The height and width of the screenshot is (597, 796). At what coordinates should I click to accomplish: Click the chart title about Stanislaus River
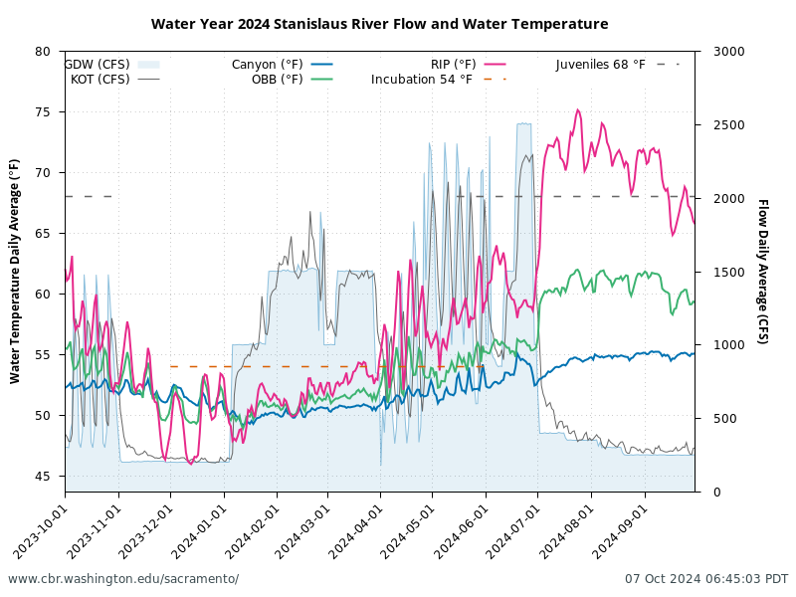pyautogui.click(x=379, y=24)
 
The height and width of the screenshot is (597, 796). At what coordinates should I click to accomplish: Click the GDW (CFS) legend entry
pyautogui.click(x=98, y=65)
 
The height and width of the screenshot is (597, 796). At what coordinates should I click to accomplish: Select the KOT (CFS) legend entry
pyautogui.click(x=100, y=80)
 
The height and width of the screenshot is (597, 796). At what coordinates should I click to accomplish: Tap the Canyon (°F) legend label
pyautogui.click(x=268, y=65)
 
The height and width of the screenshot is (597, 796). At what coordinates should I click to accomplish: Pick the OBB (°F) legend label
pyautogui.click(x=278, y=80)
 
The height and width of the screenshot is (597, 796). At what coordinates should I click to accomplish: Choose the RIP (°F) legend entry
pyautogui.click(x=454, y=65)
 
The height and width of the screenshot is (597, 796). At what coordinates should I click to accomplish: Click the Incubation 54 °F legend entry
pyautogui.click(x=422, y=80)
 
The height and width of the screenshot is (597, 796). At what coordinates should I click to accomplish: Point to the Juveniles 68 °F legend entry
pyautogui.click(x=601, y=65)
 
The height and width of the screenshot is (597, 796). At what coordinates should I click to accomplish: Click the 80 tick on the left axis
pyautogui.click(x=43, y=52)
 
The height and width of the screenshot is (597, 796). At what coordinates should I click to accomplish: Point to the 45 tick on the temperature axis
pyautogui.click(x=43, y=477)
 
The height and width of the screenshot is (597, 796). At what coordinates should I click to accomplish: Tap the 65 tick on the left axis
pyautogui.click(x=43, y=234)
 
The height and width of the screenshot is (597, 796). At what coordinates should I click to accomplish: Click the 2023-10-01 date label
pyautogui.click(x=40, y=527)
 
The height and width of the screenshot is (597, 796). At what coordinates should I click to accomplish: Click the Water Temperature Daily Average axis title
pyautogui.click(x=15, y=271)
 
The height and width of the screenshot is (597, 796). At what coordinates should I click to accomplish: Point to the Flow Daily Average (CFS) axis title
pyautogui.click(x=762, y=271)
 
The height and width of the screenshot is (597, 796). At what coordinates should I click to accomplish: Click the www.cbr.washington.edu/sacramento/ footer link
pyautogui.click(x=123, y=579)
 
